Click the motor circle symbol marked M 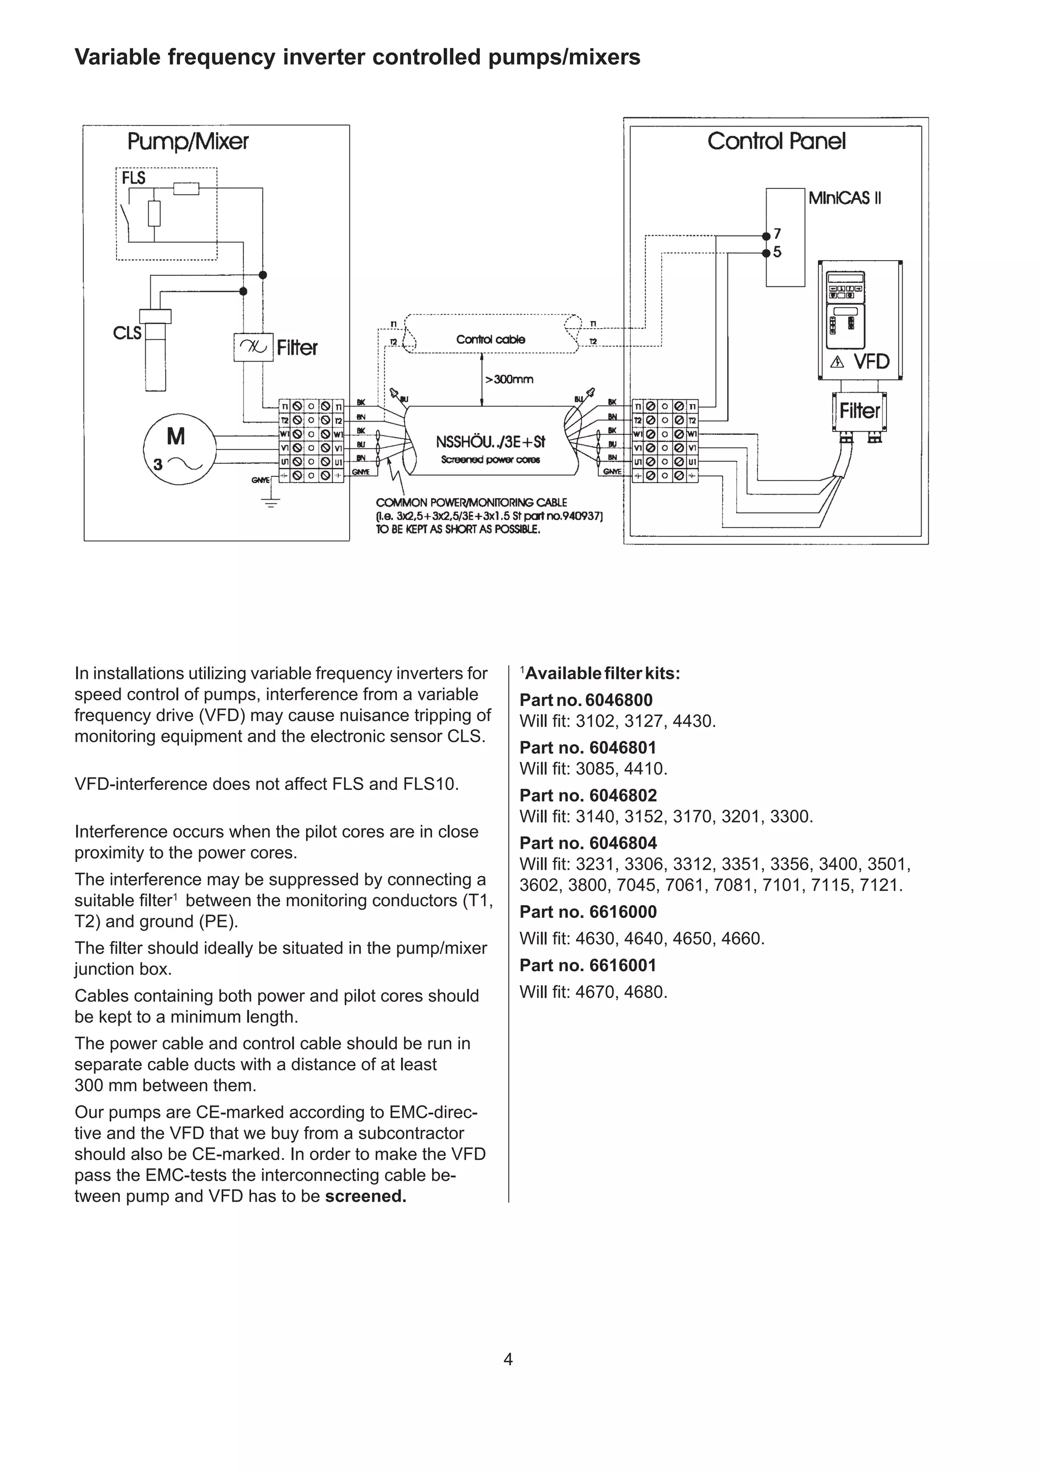coord(176,449)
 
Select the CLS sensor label coord(127,333)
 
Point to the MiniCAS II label coord(844,198)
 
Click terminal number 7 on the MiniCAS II coord(777,234)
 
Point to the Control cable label coord(491,340)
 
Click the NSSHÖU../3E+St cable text coord(491,442)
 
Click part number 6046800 coord(619,700)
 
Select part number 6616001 coord(614,966)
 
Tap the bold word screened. coord(365,1196)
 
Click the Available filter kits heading coord(602,674)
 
